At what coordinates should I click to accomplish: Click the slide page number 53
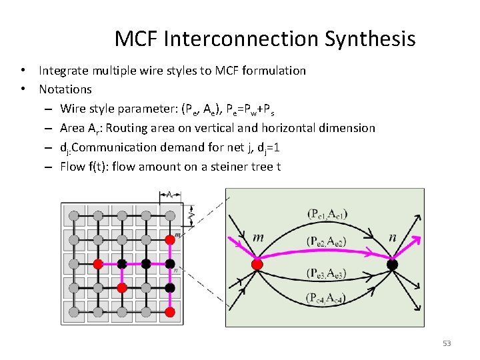click(447, 343)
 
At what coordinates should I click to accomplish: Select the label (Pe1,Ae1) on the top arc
click(327, 214)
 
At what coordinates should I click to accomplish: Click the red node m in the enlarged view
click(257, 264)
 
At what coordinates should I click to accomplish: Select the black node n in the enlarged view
click(393, 265)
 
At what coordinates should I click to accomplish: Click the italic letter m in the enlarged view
click(258, 237)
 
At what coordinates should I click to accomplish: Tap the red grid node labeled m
click(170, 238)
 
